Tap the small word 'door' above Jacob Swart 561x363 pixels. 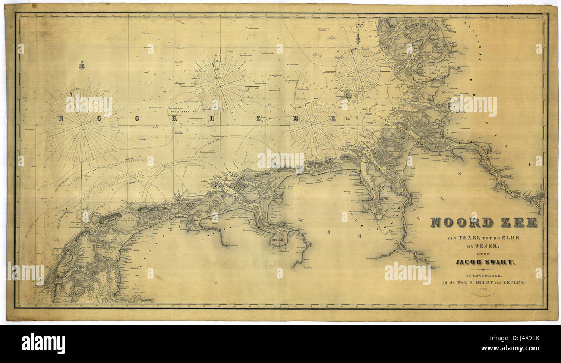coord(484,254)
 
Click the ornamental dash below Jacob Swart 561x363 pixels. coord(484,269)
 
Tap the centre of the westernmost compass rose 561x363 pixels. coord(82,126)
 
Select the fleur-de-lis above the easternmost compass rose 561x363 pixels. coord(358,40)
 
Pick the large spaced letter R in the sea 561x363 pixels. coord(173,119)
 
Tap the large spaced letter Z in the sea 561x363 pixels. coord(258,119)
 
